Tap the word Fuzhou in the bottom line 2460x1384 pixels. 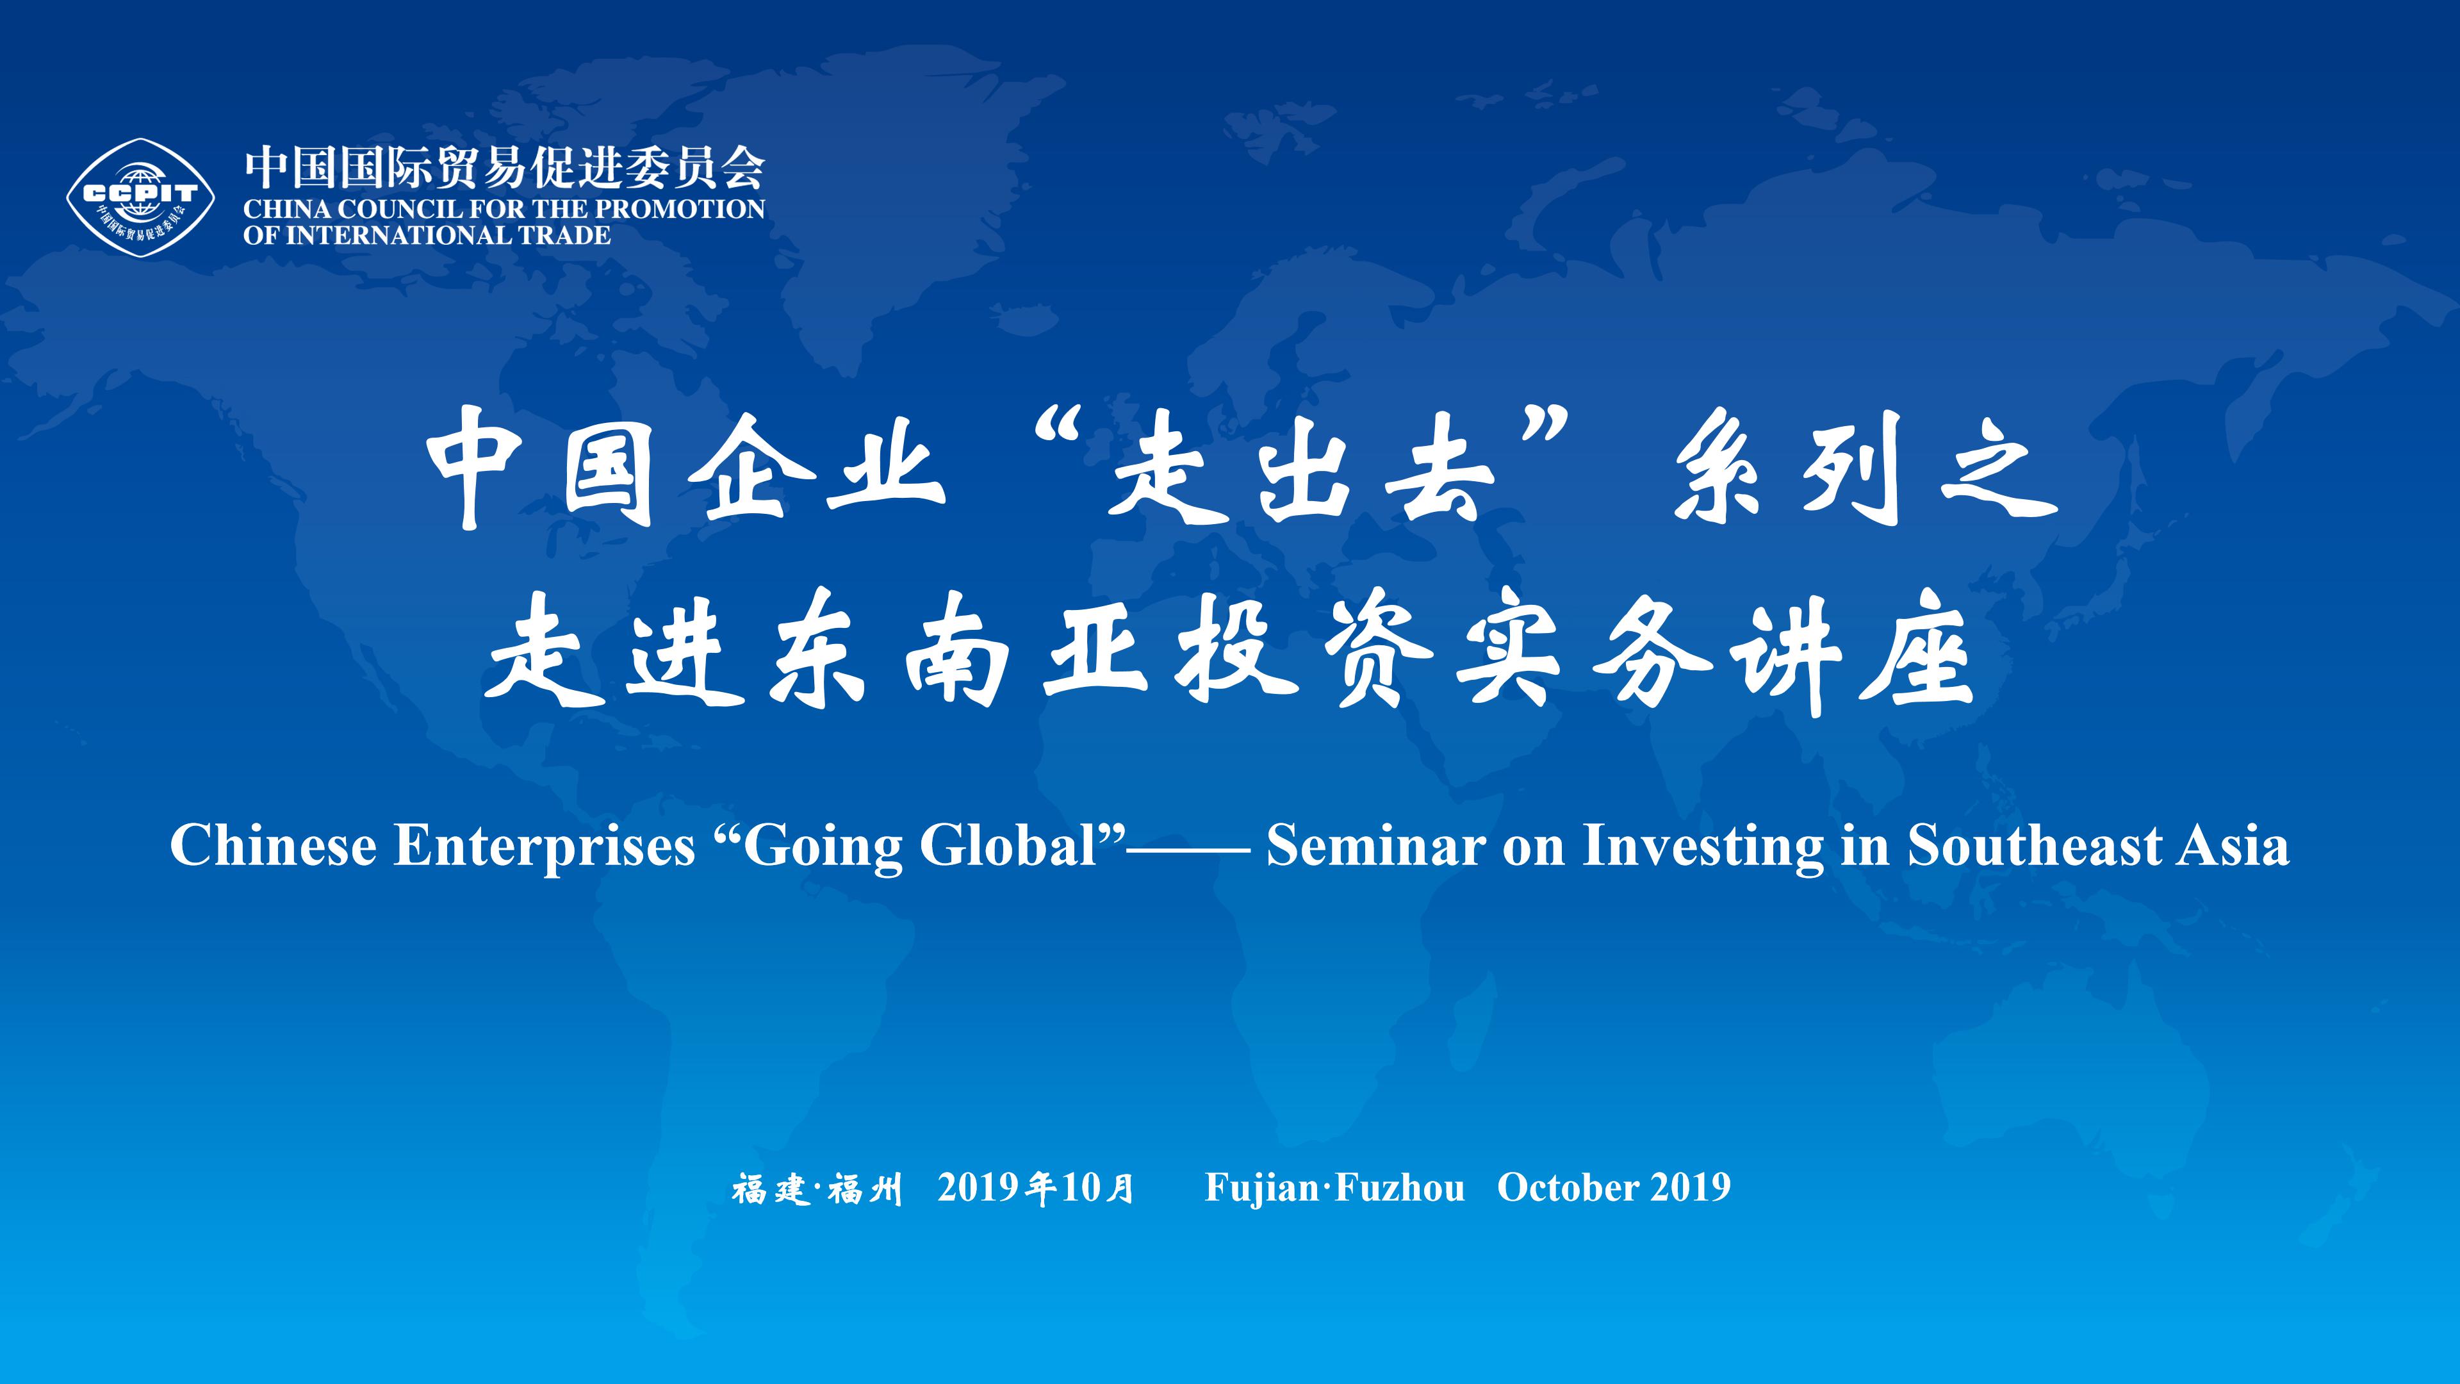click(x=1399, y=1187)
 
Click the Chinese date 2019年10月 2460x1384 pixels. click(x=1036, y=1187)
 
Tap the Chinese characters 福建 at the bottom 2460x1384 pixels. click(x=771, y=1189)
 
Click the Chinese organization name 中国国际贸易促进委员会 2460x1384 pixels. click(x=504, y=168)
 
